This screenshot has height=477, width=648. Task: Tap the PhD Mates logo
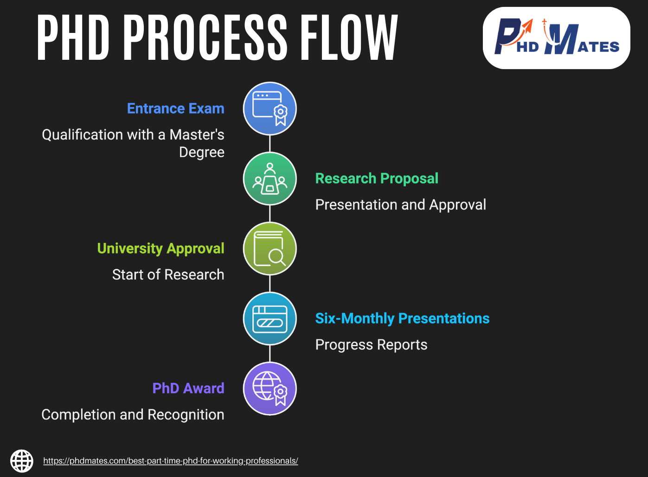click(x=556, y=38)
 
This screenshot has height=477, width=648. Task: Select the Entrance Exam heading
click(x=175, y=108)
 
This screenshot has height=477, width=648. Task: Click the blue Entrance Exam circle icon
click(x=270, y=109)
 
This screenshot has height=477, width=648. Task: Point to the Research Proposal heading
click(x=377, y=178)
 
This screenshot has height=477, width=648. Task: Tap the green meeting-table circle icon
click(x=270, y=179)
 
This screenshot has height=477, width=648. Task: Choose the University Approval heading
click(x=160, y=248)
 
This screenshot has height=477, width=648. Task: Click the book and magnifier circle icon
click(x=270, y=249)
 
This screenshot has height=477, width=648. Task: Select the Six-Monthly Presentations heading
click(x=402, y=318)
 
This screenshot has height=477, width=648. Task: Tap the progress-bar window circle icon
click(x=270, y=319)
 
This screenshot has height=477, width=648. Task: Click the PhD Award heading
click(x=188, y=388)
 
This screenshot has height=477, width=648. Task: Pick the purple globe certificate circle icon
click(x=270, y=388)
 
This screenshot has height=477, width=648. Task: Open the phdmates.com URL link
click(x=171, y=461)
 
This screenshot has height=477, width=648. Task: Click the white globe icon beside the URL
click(x=22, y=461)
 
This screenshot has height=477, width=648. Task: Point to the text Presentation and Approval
click(x=400, y=205)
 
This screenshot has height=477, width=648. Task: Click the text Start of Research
click(x=168, y=275)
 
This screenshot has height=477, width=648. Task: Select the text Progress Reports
click(x=371, y=345)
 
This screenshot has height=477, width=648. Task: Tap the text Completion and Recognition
click(x=133, y=415)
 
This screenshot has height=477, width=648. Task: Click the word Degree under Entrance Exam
click(x=202, y=153)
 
